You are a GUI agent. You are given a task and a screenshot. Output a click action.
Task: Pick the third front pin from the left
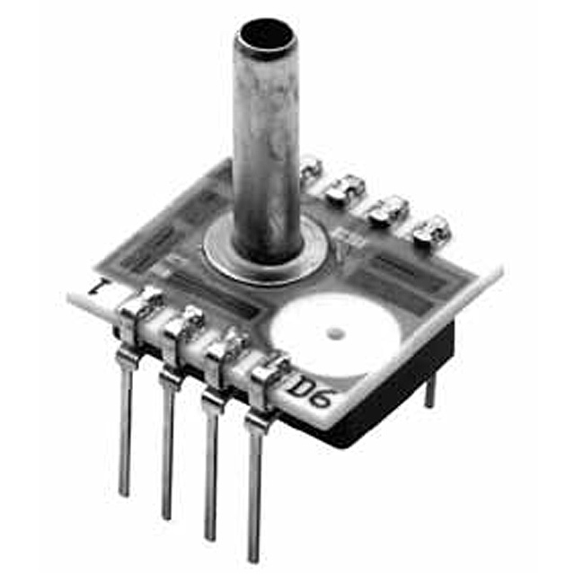[x=209, y=467]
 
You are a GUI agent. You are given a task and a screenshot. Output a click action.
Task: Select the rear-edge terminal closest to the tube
[x=310, y=165]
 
